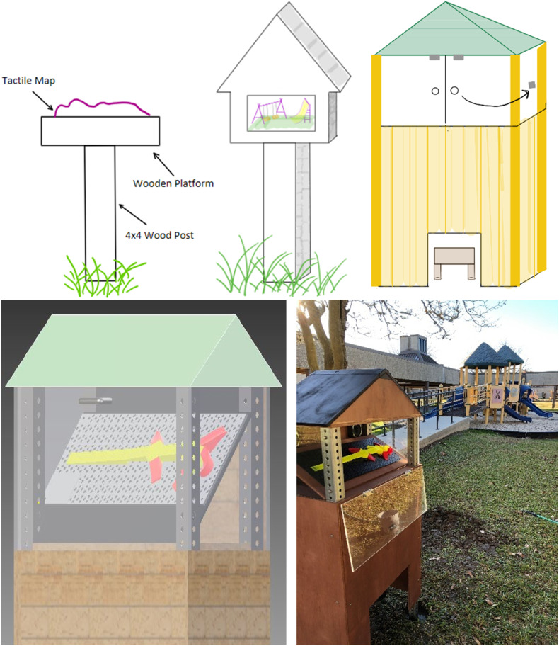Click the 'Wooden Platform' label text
173,183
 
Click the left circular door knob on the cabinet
435,91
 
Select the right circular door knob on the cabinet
455,91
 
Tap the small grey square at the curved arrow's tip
531,86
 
